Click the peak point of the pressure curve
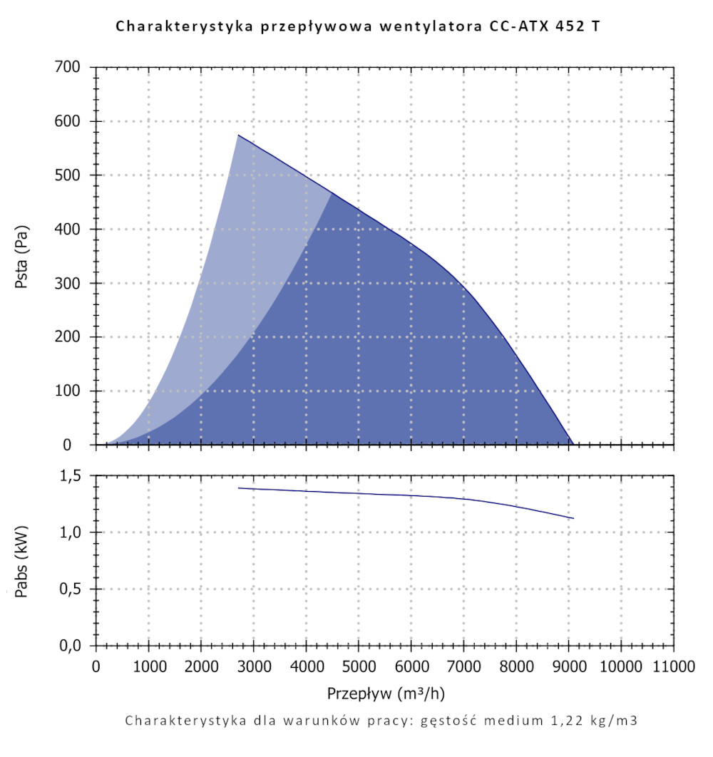click(x=238, y=135)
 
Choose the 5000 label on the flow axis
click(x=358, y=666)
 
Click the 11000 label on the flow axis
click(x=673, y=666)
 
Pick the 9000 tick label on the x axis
click(x=568, y=666)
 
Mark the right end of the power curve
click(x=573, y=518)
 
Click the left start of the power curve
click(x=239, y=488)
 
